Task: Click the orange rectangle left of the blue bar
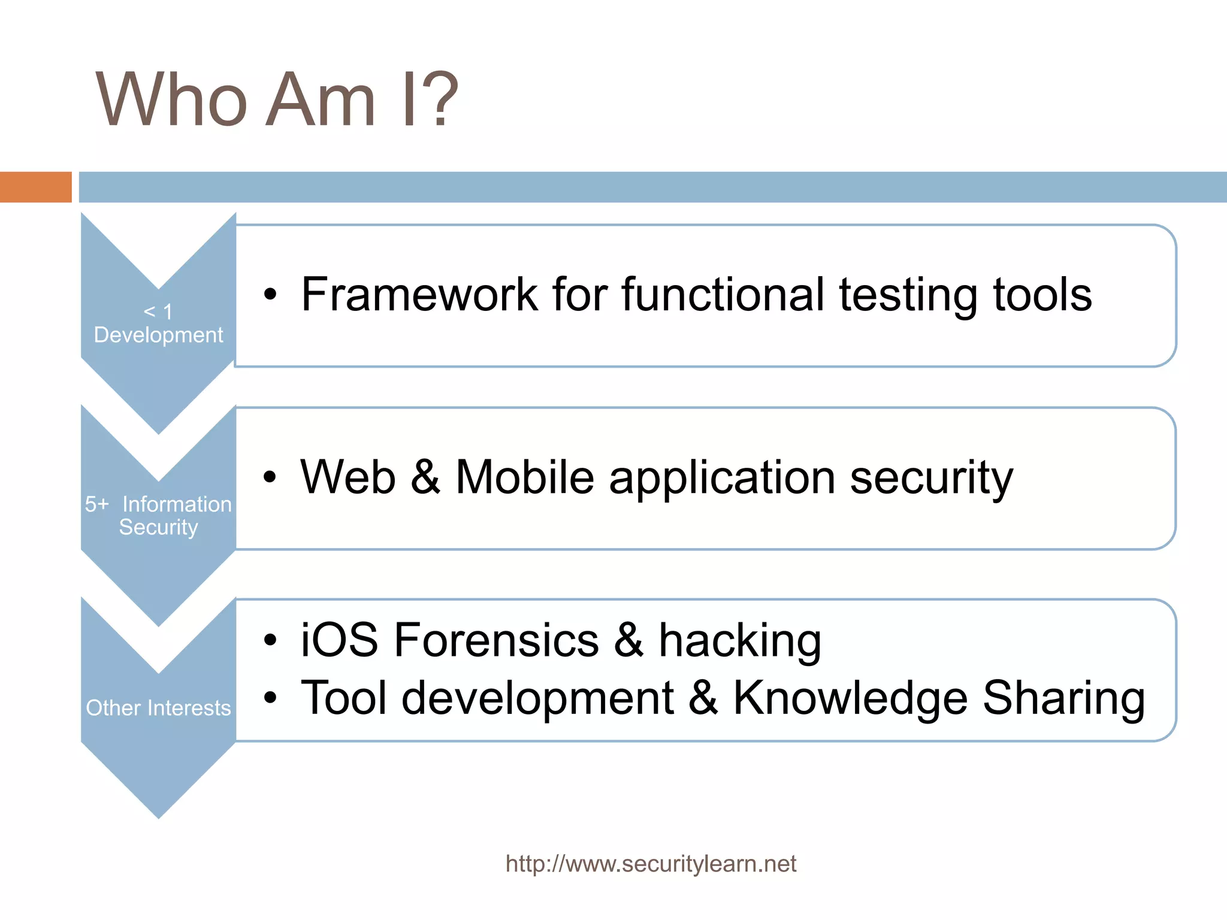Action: (35, 187)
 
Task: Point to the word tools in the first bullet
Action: (1042, 295)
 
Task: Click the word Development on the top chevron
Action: (158, 335)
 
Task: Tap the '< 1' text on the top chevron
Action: (158, 311)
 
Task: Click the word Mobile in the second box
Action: (525, 477)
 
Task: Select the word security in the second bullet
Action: (931, 479)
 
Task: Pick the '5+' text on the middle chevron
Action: (96, 504)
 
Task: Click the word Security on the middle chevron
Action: (158, 528)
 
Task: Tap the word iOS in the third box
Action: (339, 640)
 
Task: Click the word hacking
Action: (740, 640)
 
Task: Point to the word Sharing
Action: (1063, 698)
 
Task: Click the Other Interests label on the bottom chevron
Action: (158, 708)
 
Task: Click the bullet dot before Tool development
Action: (271, 698)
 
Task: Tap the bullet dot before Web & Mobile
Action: (271, 477)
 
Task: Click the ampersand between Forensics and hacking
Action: (628, 640)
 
